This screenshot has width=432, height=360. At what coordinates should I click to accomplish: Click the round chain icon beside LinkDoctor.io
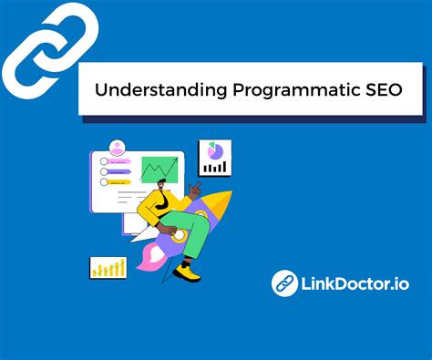click(x=286, y=283)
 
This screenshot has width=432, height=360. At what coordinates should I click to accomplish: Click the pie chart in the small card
click(x=216, y=149)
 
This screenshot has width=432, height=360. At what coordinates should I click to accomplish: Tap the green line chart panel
click(x=159, y=170)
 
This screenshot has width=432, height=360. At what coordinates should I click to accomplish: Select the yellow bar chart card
click(x=108, y=267)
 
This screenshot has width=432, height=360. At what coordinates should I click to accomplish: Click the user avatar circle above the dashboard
click(x=117, y=146)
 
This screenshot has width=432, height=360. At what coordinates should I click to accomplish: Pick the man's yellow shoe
click(x=189, y=272)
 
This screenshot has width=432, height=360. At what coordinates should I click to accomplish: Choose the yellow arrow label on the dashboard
click(x=121, y=170)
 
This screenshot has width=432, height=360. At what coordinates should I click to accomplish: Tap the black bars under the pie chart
click(x=216, y=167)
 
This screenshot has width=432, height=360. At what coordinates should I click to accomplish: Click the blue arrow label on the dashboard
click(x=121, y=181)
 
